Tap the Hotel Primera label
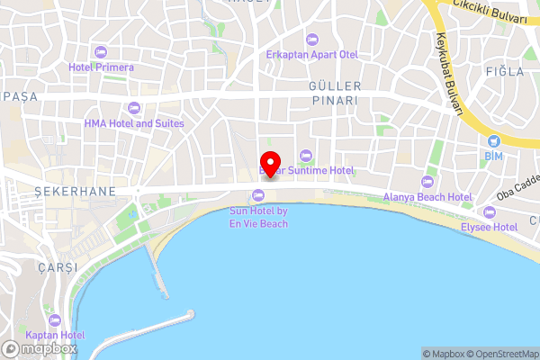click(101, 67)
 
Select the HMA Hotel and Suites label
click(134, 123)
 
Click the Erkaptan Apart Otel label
click(312, 55)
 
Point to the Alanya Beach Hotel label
click(427, 197)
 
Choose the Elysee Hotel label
click(489, 229)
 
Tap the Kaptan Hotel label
click(55, 336)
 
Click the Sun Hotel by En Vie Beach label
click(258, 217)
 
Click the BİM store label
click(493, 157)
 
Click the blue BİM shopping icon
click(493, 140)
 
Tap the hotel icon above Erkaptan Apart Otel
click(312, 39)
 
